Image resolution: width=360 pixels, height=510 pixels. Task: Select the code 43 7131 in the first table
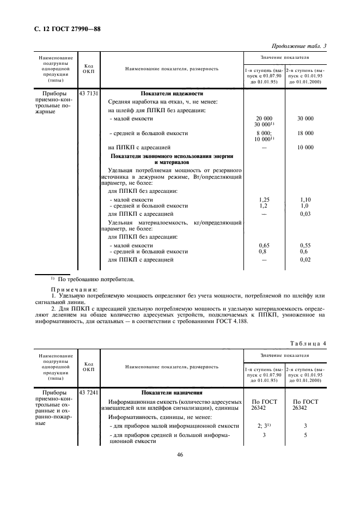pyautogui.click(x=89, y=93)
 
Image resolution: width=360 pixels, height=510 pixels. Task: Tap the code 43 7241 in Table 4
pyautogui.click(x=89, y=392)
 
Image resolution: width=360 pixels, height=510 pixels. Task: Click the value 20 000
pyautogui.click(x=263, y=118)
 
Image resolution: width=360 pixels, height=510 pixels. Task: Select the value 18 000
pyautogui.click(x=305, y=133)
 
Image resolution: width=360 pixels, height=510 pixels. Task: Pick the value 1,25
pyautogui.click(x=263, y=200)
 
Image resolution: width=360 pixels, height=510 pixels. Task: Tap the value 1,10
pyautogui.click(x=305, y=200)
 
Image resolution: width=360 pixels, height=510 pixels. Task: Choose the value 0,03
pyautogui.click(x=305, y=215)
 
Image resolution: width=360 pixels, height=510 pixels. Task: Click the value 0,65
pyautogui.click(x=263, y=246)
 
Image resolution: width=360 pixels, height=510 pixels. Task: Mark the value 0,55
pyautogui.click(x=305, y=246)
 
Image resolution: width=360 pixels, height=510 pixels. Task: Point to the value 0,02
pyautogui.click(x=305, y=260)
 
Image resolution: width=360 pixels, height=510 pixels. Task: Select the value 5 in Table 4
pyautogui.click(x=305, y=435)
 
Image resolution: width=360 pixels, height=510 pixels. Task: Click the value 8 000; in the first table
pyautogui.click(x=263, y=133)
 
